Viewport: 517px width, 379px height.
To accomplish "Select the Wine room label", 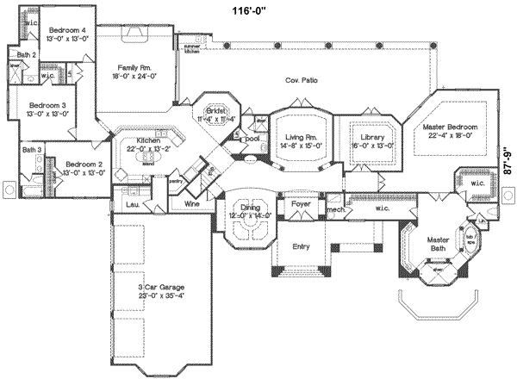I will coord(193,204).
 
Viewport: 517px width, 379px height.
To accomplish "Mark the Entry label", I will coord(301,246).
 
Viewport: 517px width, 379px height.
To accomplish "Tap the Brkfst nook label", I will coord(214,112).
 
